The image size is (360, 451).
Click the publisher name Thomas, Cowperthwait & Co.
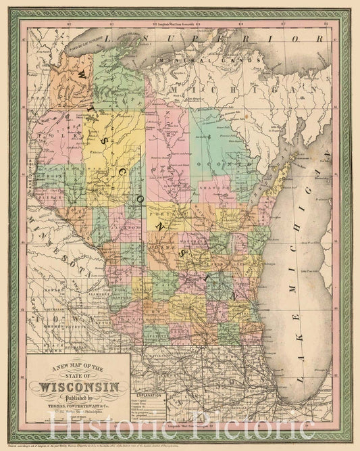[80, 406]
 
